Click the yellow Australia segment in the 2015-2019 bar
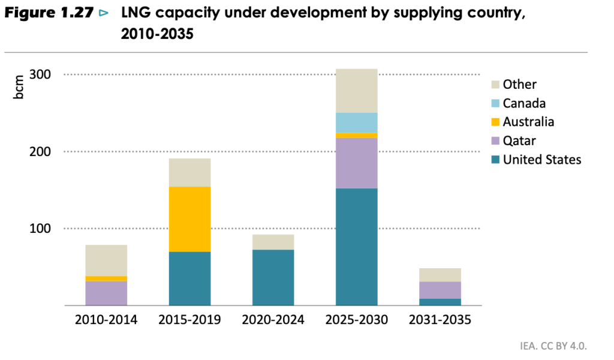coord(189,219)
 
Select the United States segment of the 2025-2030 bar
coord(356,247)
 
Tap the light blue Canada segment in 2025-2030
coord(356,122)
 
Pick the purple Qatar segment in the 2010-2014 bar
coord(106,293)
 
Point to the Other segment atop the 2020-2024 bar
coord(273,242)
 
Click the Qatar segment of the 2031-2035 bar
coord(440,290)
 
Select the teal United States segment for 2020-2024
coord(273,277)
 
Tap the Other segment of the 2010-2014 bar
coord(106,260)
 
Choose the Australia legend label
coord(528,122)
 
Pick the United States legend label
coord(542,160)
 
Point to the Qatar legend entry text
coord(519,141)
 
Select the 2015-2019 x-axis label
coord(189,320)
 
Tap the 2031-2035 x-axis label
coord(440,320)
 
